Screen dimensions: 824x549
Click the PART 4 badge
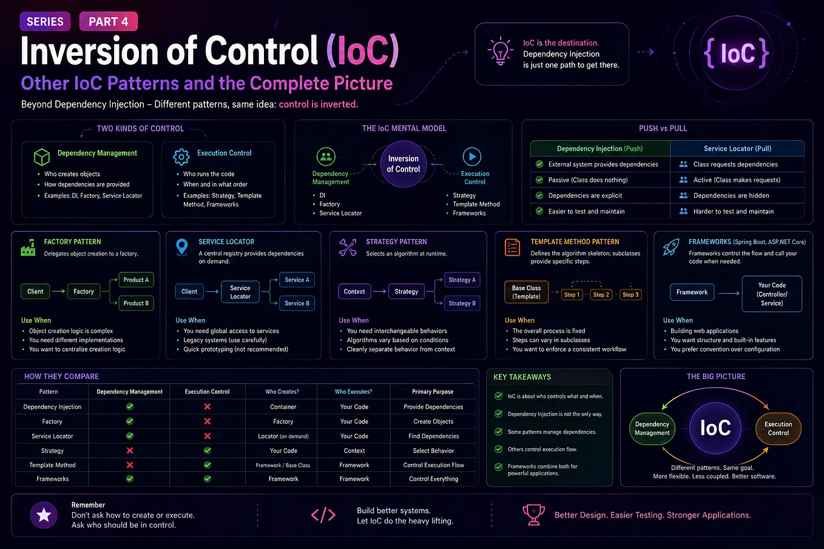(109, 21)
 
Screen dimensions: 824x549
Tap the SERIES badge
(45, 21)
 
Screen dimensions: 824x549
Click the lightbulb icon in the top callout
(500, 51)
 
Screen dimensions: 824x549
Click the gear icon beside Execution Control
(181, 157)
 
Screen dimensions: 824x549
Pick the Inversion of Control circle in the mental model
(404, 164)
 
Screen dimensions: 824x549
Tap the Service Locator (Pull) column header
(737, 149)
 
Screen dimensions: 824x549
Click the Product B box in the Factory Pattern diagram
(136, 303)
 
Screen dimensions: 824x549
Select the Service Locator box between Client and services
(240, 292)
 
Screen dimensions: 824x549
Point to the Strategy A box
(462, 280)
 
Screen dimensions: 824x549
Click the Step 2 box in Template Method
(601, 295)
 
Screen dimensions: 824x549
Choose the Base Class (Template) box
(527, 292)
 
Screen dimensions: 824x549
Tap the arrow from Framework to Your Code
(729, 293)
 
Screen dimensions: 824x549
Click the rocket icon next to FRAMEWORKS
(671, 247)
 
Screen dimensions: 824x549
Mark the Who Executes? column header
(354, 392)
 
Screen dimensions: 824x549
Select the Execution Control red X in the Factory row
(208, 422)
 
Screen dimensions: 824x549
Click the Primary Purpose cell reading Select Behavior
(433, 451)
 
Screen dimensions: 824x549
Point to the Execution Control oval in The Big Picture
(778, 428)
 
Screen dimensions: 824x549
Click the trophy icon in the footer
(534, 514)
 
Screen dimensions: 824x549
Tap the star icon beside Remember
(44, 515)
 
